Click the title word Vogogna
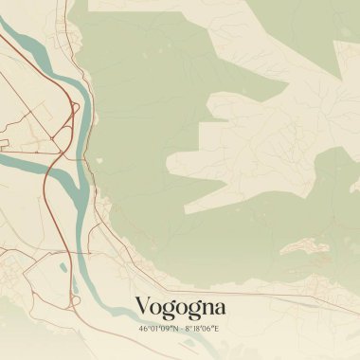[x=180, y=307]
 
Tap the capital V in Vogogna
[x=143, y=307]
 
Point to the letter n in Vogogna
[x=204, y=309]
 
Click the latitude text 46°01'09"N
[x=158, y=329]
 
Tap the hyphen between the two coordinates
[x=181, y=329]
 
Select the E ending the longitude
[x=216, y=329]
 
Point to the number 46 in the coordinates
[x=143, y=329]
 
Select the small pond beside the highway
[x=63, y=267]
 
